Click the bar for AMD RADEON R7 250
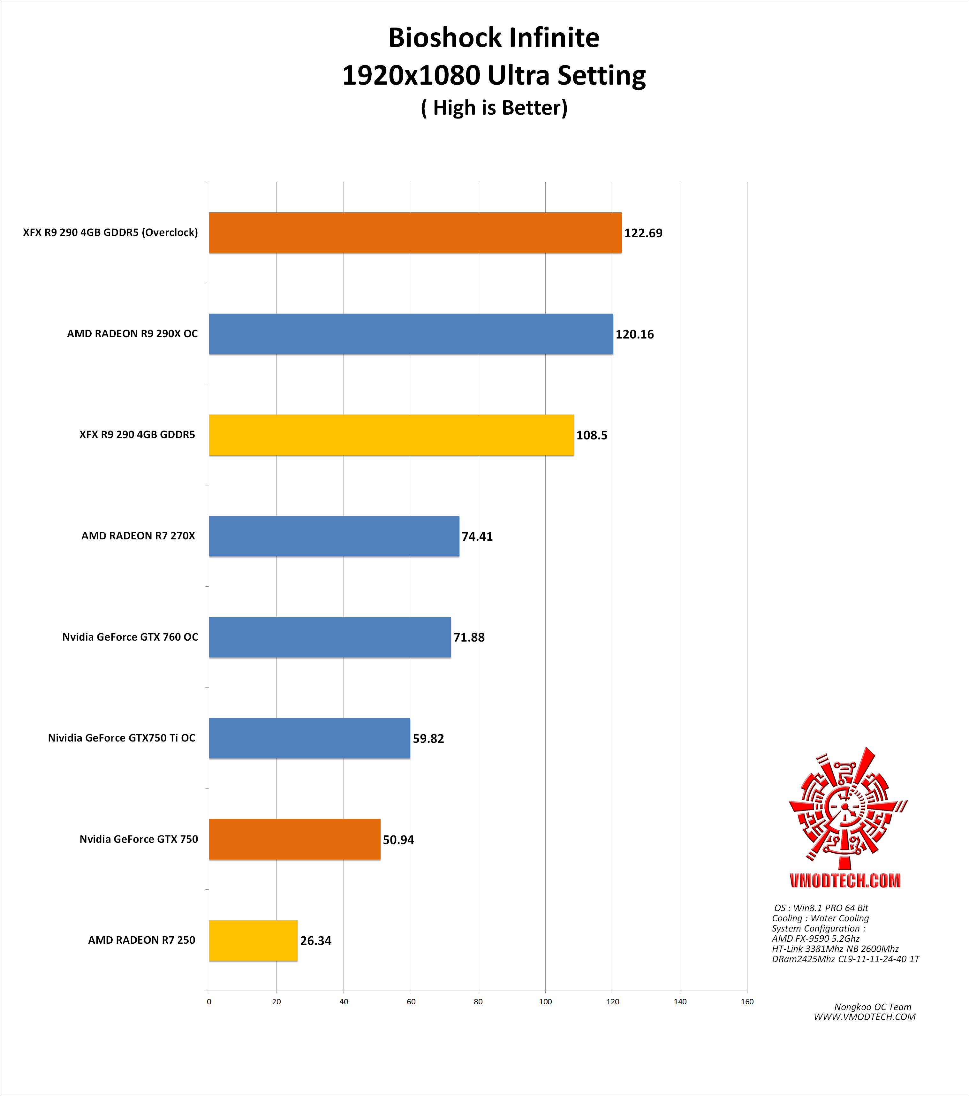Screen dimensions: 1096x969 pos(253,940)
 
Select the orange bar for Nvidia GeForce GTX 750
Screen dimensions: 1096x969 pos(294,839)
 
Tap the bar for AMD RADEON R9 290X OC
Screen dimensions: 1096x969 pos(411,333)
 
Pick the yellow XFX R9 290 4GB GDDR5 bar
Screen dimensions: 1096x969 pos(391,435)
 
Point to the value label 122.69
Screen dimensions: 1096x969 pos(643,233)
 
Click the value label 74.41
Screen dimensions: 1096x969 pos(477,536)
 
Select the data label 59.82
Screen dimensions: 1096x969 pos(428,738)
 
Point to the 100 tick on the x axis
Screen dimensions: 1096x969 pos(545,1001)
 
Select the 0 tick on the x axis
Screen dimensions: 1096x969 pos(209,1001)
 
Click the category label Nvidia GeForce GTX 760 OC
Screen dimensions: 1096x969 pos(130,637)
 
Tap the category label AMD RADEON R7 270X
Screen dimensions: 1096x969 pos(138,536)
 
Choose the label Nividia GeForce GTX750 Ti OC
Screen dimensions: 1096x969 pos(122,738)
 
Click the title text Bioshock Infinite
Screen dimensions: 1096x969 pos(494,38)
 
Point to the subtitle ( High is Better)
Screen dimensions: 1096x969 pos(494,108)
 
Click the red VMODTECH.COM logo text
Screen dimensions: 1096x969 pos(845,880)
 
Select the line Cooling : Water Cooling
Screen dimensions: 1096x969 pos(820,918)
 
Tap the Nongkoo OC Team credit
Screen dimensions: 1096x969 pos(873,1007)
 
